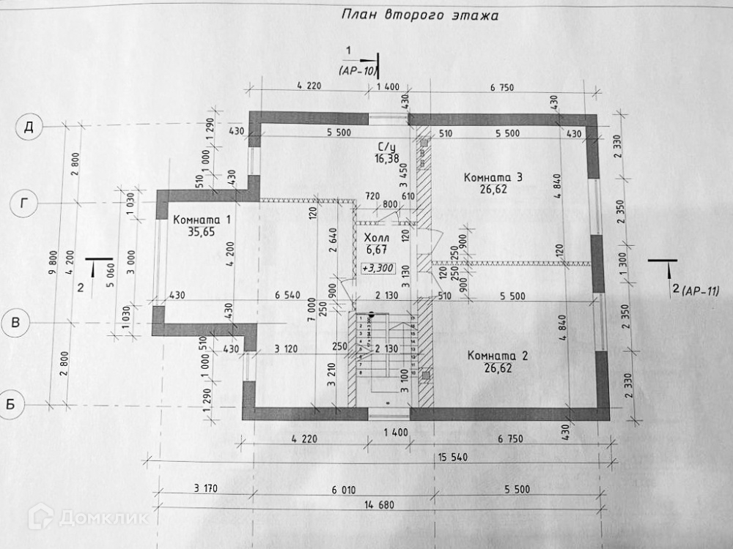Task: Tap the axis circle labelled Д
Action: click(29, 127)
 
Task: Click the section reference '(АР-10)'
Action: click(357, 71)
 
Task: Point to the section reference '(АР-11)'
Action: click(700, 291)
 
